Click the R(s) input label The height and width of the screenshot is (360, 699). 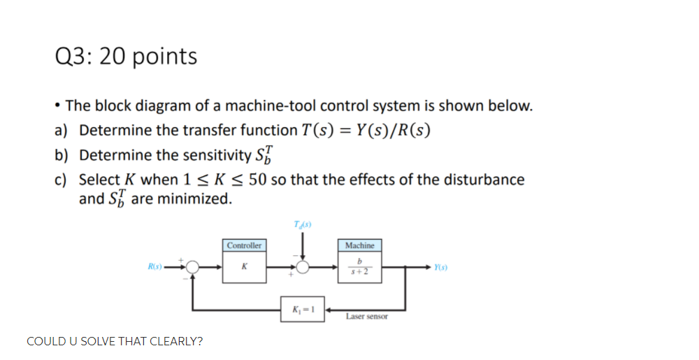pos(154,266)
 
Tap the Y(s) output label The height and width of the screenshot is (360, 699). pos(441,266)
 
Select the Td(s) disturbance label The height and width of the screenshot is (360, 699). pos(302,224)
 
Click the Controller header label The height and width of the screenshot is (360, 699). pos(244,245)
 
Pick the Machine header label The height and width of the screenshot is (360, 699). pos(359,245)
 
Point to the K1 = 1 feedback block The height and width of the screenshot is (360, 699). pos(302,310)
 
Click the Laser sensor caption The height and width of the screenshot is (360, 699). pos(367,317)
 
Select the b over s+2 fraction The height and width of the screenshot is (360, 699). pos(359,267)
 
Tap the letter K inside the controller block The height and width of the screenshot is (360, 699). pos(244,266)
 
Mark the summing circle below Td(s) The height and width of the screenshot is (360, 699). pos(302,266)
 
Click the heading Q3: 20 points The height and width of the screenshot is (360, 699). pos(126,56)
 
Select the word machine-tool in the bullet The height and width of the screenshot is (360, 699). pos(267,106)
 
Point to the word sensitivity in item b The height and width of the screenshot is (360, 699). pos(215,155)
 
